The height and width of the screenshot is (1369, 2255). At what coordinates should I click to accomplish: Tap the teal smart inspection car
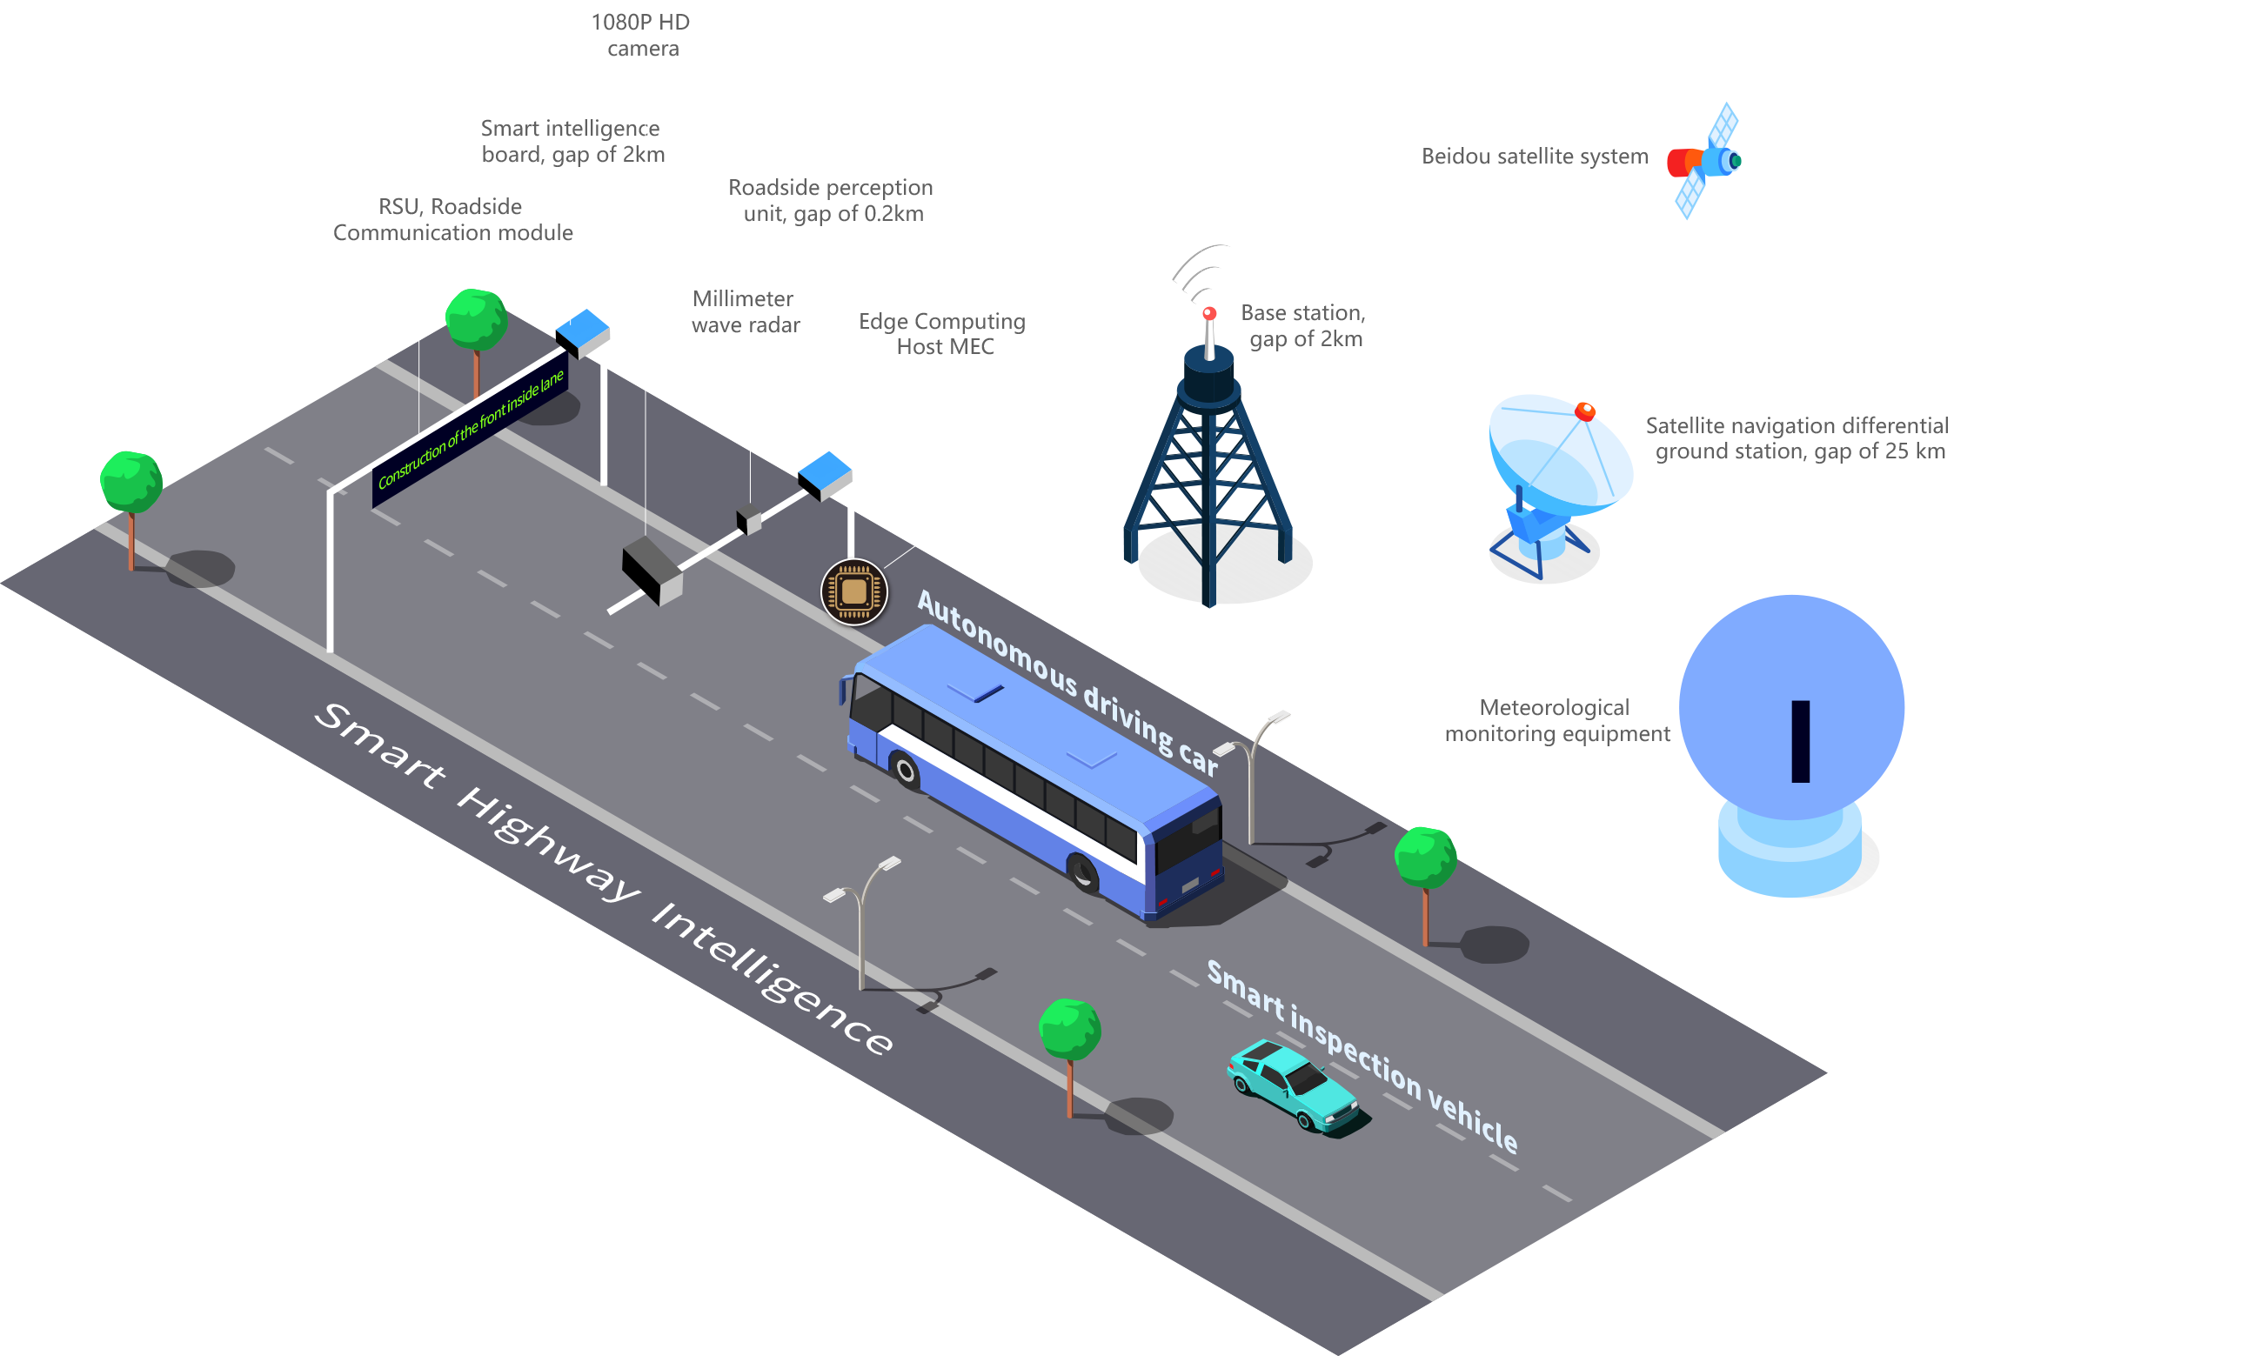1296,1085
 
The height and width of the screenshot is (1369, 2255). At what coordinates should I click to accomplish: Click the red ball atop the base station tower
1210,314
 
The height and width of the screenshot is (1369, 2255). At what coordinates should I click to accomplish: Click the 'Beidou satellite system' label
1535,157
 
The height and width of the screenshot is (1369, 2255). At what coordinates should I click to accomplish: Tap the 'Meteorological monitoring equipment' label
1556,721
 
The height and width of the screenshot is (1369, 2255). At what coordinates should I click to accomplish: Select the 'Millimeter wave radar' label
745,312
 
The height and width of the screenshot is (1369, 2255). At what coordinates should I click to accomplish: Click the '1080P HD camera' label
642,36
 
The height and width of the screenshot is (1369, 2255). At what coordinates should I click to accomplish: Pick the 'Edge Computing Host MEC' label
943,334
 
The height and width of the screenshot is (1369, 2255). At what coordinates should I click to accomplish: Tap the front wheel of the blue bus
1084,871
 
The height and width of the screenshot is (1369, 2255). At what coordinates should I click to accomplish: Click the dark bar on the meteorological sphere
1801,741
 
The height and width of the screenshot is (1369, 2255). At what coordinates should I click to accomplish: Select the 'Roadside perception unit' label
832,200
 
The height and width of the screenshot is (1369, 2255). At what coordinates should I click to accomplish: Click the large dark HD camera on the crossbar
652,569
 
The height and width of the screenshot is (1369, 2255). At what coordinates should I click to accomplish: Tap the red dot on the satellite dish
1586,411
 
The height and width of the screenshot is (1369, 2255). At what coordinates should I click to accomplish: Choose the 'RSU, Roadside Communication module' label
452,220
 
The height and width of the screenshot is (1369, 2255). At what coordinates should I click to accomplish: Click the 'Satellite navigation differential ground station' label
1797,438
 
